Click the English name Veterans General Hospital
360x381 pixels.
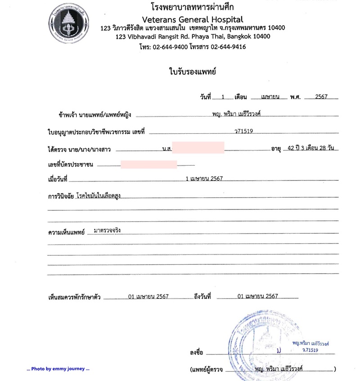click(x=192, y=19)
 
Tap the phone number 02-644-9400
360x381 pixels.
click(x=172, y=46)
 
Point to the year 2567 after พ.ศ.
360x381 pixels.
click(x=321, y=96)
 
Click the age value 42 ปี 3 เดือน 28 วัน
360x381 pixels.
click(x=311, y=148)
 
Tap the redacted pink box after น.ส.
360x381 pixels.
click(x=198, y=147)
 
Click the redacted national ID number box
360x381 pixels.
click(x=148, y=164)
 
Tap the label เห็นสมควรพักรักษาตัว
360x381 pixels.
click(x=74, y=297)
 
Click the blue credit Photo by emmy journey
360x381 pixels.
click(x=58, y=369)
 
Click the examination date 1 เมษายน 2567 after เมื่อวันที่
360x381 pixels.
click(x=204, y=179)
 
